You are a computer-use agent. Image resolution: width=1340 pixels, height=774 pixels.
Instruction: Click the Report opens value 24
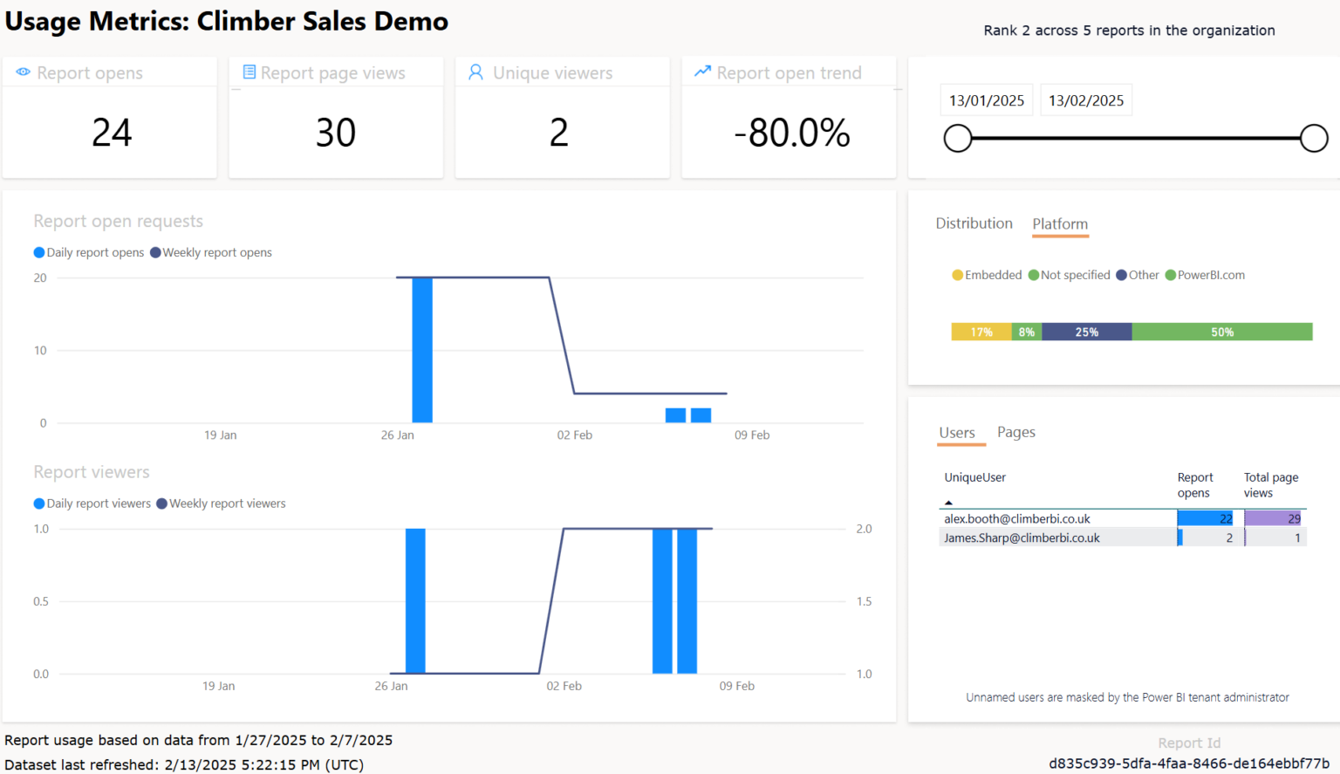click(112, 134)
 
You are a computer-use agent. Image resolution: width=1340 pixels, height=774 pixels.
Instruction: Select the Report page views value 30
click(336, 134)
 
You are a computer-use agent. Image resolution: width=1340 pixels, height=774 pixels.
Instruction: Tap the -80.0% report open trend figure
click(791, 134)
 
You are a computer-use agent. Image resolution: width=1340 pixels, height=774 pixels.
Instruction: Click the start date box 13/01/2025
click(987, 100)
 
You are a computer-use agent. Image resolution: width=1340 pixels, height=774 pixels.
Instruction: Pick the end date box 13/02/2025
click(1086, 100)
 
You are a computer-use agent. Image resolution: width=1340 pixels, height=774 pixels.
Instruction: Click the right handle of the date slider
click(1314, 138)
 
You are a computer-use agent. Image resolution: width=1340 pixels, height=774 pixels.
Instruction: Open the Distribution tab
click(974, 223)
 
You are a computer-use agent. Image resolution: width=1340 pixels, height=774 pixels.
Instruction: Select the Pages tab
click(1016, 432)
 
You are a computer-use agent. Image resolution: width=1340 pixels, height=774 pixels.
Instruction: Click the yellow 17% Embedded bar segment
click(981, 332)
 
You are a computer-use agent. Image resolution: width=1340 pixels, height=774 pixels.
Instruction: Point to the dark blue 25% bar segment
click(1087, 332)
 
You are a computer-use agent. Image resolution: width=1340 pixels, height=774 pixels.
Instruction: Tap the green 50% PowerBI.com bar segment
click(1221, 332)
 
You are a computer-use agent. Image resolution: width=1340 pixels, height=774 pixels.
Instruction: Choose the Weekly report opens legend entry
click(216, 252)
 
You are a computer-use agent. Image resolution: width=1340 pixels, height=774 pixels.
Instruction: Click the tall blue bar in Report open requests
click(422, 350)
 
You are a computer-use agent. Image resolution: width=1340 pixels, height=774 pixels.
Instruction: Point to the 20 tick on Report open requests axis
click(40, 277)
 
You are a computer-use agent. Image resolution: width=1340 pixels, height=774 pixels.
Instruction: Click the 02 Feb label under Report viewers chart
click(564, 686)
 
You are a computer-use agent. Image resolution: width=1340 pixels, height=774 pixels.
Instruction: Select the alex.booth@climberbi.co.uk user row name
click(1017, 518)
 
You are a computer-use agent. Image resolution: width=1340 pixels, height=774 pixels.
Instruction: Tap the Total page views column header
click(1270, 485)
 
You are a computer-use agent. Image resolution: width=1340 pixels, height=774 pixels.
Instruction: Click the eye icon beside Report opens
click(24, 72)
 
